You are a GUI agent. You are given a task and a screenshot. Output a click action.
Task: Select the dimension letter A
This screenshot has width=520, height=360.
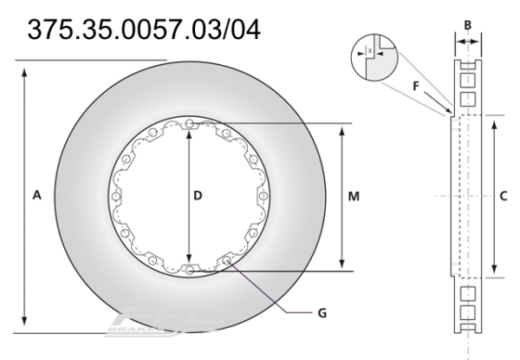36,197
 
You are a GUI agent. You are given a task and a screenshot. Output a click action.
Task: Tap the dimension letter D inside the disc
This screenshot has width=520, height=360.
197,197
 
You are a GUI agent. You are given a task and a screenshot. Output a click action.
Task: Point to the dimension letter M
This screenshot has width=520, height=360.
354,197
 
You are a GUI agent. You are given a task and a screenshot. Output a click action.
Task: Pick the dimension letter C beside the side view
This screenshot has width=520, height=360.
504,197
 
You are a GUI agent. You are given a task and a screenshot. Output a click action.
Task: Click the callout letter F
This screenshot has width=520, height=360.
415,85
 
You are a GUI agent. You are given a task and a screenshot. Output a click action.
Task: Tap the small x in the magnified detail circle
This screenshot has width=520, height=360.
372,51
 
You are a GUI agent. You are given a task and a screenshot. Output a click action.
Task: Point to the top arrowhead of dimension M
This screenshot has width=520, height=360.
344,128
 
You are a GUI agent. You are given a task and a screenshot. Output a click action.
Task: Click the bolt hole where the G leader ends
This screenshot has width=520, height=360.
227,260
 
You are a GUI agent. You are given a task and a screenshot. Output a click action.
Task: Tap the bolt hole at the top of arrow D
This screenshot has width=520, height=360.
189,122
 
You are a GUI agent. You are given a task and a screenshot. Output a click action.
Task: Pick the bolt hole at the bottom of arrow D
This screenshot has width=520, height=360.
189,271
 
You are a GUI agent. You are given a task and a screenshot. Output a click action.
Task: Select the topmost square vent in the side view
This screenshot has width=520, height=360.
468,63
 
